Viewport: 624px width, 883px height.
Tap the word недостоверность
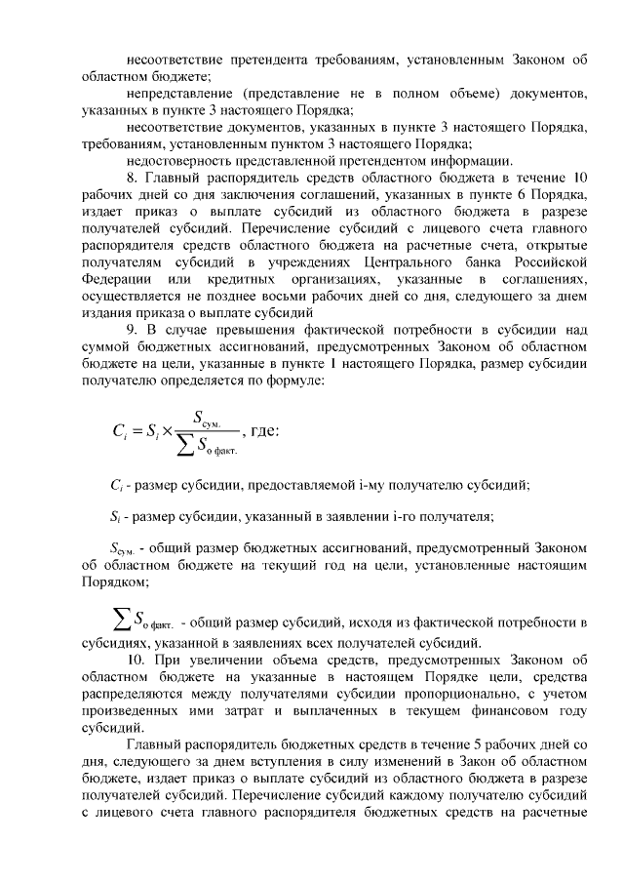coord(184,161)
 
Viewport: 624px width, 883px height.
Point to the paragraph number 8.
coord(133,179)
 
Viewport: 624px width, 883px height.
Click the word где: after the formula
coord(265,430)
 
